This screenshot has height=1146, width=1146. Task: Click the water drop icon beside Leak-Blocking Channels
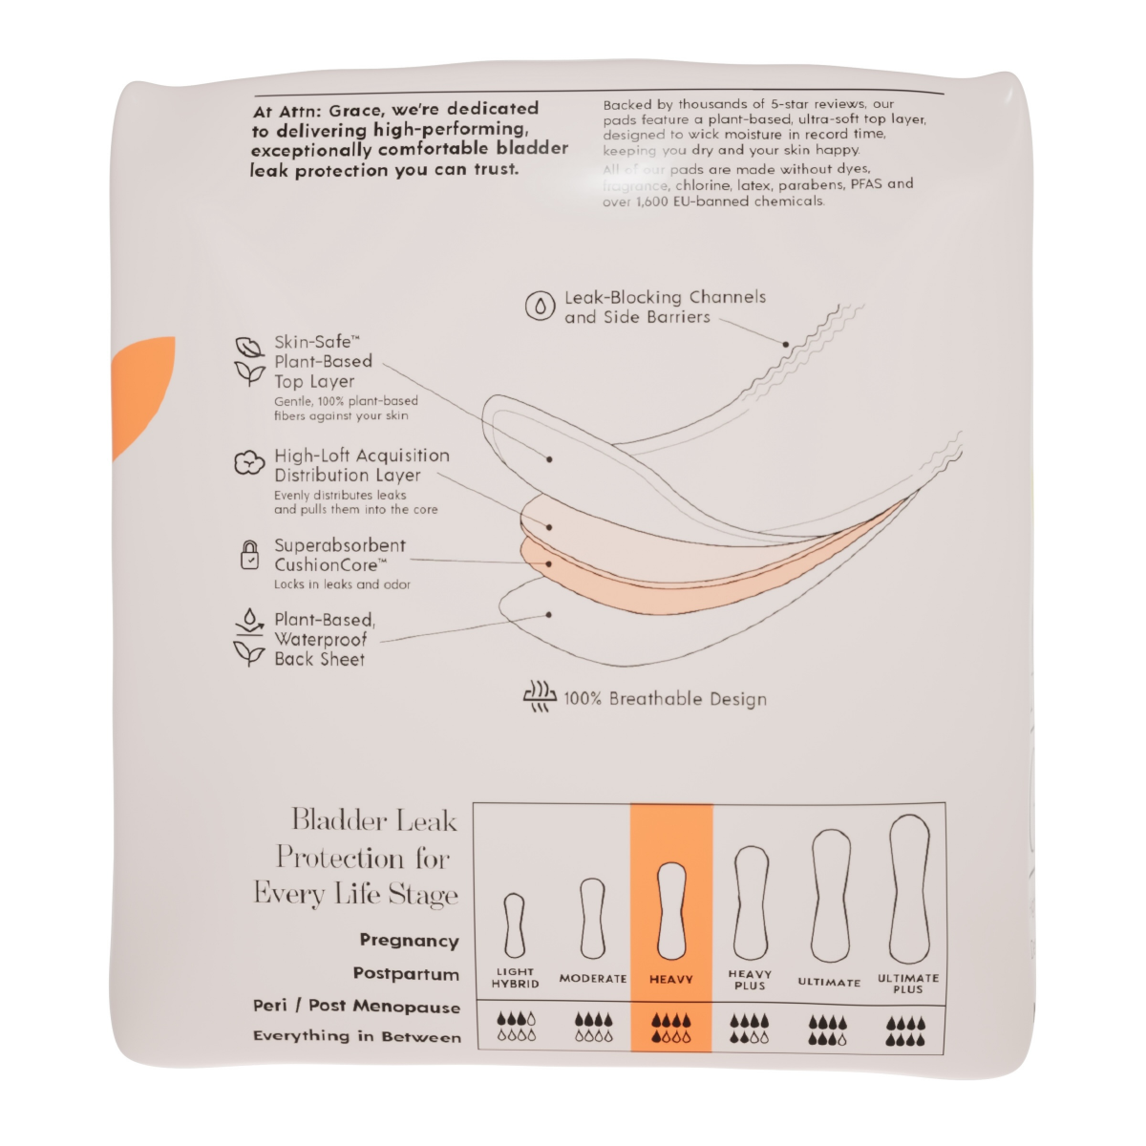pyautogui.click(x=541, y=306)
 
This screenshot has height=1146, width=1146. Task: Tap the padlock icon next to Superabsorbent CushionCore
pyautogui.click(x=249, y=555)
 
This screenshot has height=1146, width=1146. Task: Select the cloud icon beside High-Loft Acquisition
pyautogui.click(x=249, y=463)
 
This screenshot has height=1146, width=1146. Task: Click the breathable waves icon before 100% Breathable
pyautogui.click(x=540, y=697)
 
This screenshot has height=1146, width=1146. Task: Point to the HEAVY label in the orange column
pyautogui.click(x=671, y=980)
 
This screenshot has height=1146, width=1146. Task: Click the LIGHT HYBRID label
pyautogui.click(x=516, y=978)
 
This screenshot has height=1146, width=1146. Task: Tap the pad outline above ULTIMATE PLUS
pyautogui.click(x=909, y=889)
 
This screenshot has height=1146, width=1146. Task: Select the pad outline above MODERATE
pyautogui.click(x=593, y=919)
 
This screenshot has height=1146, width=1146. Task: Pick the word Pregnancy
pyautogui.click(x=409, y=941)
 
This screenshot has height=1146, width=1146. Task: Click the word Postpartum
pyautogui.click(x=406, y=974)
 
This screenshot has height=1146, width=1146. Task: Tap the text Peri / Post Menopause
pyautogui.click(x=356, y=1006)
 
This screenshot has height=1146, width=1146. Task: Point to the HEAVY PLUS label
pyautogui.click(x=750, y=980)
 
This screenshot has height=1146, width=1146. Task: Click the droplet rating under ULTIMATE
pyautogui.click(x=828, y=1029)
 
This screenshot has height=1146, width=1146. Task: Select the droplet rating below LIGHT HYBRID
pyautogui.click(x=516, y=1029)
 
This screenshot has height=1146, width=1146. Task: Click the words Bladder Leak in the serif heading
pyautogui.click(x=374, y=821)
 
